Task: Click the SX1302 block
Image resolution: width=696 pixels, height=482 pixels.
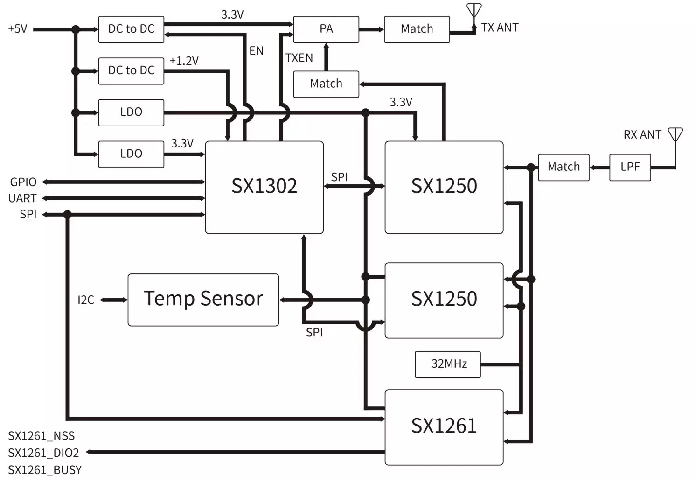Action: click(x=264, y=187)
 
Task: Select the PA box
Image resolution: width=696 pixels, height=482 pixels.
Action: click(x=326, y=29)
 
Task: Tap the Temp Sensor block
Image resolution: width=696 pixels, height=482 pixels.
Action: click(x=203, y=300)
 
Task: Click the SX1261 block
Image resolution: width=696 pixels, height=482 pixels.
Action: click(x=444, y=426)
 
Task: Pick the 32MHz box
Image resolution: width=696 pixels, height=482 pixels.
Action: click(x=448, y=364)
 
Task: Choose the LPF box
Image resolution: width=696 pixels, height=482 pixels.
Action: click(x=630, y=167)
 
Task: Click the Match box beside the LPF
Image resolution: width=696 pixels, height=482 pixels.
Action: click(x=564, y=167)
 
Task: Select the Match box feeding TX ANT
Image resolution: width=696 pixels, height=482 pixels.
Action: click(x=417, y=29)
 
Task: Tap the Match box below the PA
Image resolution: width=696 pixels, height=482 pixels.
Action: click(x=326, y=84)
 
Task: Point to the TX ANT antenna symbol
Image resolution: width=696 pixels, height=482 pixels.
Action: click(x=474, y=11)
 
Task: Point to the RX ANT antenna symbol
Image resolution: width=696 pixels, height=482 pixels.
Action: click(x=675, y=135)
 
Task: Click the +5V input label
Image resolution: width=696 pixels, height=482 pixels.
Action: click(x=18, y=29)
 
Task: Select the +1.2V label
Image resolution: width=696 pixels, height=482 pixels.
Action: click(x=184, y=61)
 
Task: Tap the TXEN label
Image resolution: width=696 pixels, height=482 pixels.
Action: click(x=299, y=58)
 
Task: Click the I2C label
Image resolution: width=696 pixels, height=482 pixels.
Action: click(x=86, y=300)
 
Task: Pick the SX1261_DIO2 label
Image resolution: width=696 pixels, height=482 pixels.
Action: click(x=43, y=453)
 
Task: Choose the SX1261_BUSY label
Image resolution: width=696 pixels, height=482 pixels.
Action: click(x=45, y=470)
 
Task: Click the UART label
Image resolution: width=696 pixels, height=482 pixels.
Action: click(x=22, y=198)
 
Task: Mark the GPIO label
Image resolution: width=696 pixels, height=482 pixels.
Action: click(x=23, y=182)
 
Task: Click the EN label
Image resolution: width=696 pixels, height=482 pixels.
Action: click(x=256, y=51)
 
